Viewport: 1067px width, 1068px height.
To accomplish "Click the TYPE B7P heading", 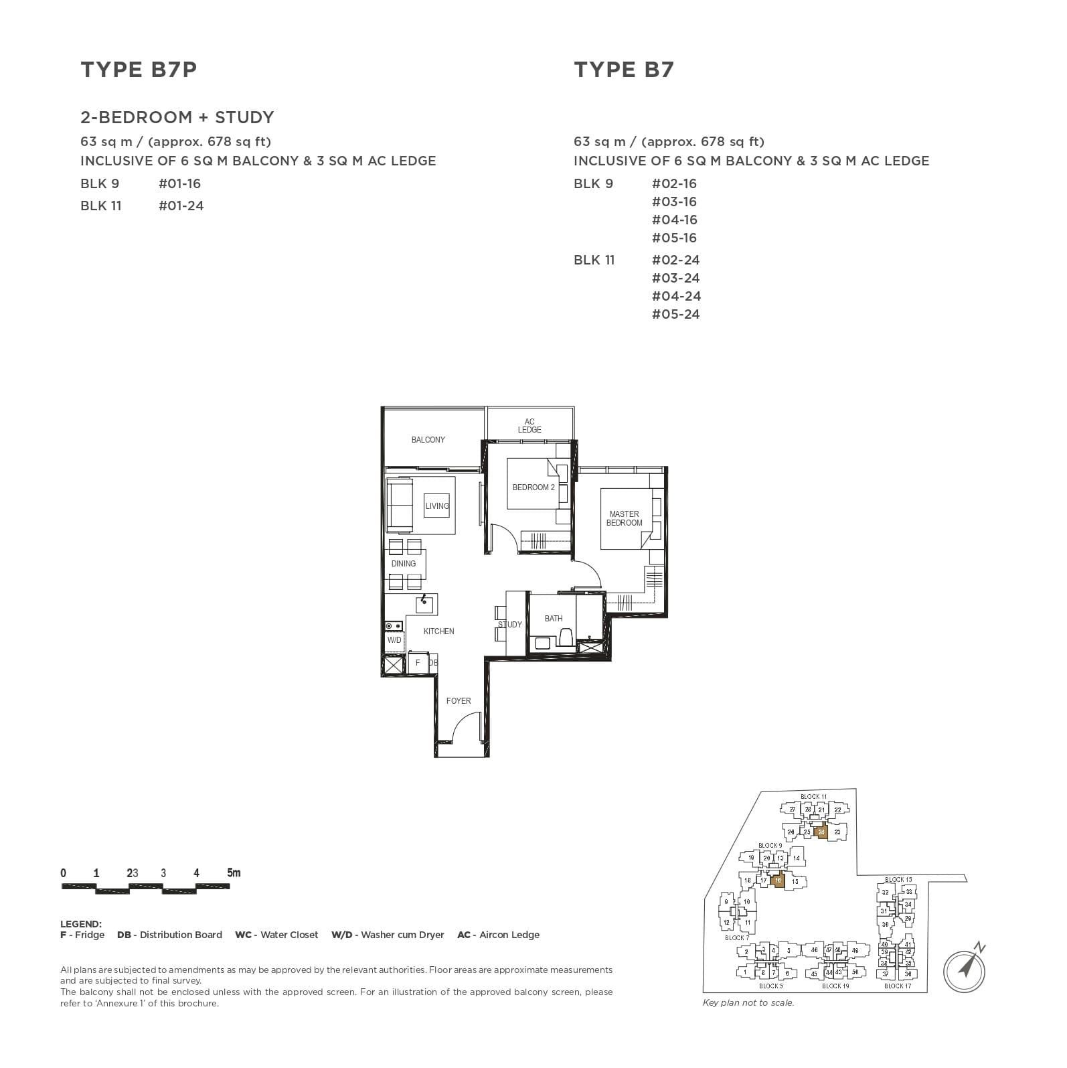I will pyautogui.click(x=139, y=70).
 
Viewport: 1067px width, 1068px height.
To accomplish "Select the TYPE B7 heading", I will pyautogui.click(x=623, y=70).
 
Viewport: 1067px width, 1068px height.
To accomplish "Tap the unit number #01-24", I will pyautogui.click(x=181, y=206).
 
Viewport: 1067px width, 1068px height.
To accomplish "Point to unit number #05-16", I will pyautogui.click(x=674, y=238).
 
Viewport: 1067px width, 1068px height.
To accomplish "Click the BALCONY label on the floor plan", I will pyautogui.click(x=428, y=440).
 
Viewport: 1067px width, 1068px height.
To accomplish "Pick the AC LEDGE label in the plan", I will pyautogui.click(x=529, y=426).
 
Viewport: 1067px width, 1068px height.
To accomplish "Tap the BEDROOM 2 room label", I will pyautogui.click(x=533, y=487).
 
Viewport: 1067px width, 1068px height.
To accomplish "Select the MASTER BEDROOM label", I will pyautogui.click(x=624, y=518).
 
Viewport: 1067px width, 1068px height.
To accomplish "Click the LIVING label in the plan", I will pyautogui.click(x=437, y=506).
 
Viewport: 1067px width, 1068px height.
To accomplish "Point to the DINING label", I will pyautogui.click(x=404, y=564).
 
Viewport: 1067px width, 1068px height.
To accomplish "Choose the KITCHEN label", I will pyautogui.click(x=438, y=631).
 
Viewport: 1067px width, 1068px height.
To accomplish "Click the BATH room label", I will pyautogui.click(x=553, y=619).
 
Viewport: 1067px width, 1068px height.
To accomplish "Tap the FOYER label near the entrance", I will pyautogui.click(x=459, y=701).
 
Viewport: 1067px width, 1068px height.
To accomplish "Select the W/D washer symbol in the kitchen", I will pyautogui.click(x=394, y=640).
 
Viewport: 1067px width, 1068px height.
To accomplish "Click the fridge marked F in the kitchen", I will pyautogui.click(x=418, y=663).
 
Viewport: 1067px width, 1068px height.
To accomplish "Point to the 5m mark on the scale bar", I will pyautogui.click(x=233, y=873).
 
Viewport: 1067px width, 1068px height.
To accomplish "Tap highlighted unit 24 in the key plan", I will pyautogui.click(x=821, y=832).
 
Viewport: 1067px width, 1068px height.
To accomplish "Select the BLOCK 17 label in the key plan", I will pyautogui.click(x=897, y=986).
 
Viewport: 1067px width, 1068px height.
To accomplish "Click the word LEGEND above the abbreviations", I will pyautogui.click(x=80, y=924).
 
